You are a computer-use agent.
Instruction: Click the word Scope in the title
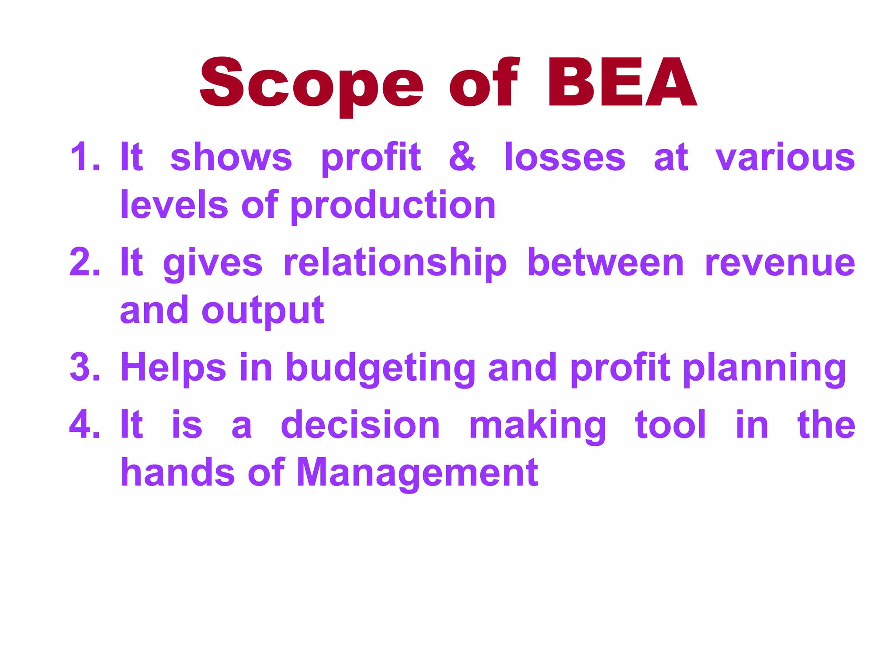coord(311,83)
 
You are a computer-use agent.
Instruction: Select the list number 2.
coord(85,262)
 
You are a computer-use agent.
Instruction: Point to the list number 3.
coord(85,367)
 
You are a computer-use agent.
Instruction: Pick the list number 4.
coord(85,425)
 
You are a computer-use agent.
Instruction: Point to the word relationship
coord(395,263)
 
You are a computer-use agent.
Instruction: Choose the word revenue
coord(780,263)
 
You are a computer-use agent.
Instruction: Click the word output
coord(263,311)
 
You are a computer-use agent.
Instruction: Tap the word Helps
coord(173,367)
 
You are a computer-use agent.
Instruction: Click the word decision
coord(360,425)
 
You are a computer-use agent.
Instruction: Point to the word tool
coord(670,425)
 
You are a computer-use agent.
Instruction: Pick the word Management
coord(417,473)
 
